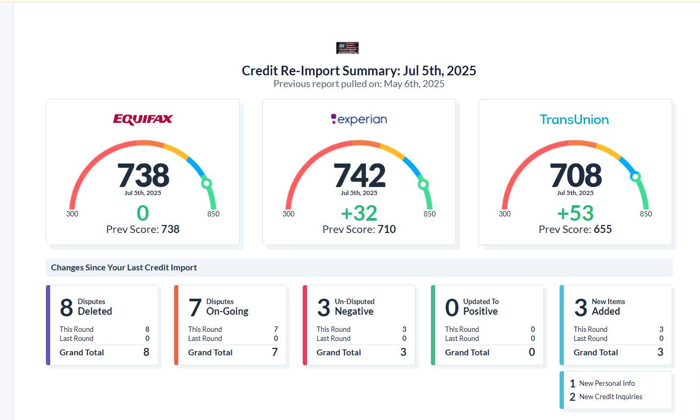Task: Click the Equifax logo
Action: pyautogui.click(x=143, y=119)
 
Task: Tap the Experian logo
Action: pyautogui.click(x=359, y=119)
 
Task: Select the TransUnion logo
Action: pyautogui.click(x=574, y=120)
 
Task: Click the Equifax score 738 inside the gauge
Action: pyautogui.click(x=143, y=175)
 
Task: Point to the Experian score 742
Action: pyautogui.click(x=359, y=175)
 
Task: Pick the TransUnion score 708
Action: pyautogui.click(x=576, y=175)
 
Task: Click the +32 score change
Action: pyautogui.click(x=359, y=213)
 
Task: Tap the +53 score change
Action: pyautogui.click(x=575, y=213)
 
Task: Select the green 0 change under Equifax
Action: pyautogui.click(x=143, y=213)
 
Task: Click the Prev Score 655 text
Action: pyautogui.click(x=575, y=229)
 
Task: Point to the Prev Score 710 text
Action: pyautogui.click(x=359, y=229)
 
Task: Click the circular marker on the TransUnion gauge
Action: pyautogui.click(x=635, y=176)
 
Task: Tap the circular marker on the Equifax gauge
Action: pyautogui.click(x=206, y=184)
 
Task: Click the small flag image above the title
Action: pyautogui.click(x=347, y=48)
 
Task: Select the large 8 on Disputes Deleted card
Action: pyautogui.click(x=66, y=308)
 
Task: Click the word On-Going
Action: pyautogui.click(x=227, y=311)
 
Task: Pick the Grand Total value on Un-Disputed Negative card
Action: pyautogui.click(x=403, y=352)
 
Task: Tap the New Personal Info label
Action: pyautogui.click(x=607, y=383)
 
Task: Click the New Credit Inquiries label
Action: pyautogui.click(x=610, y=396)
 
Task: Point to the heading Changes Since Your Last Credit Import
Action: pyautogui.click(x=124, y=268)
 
